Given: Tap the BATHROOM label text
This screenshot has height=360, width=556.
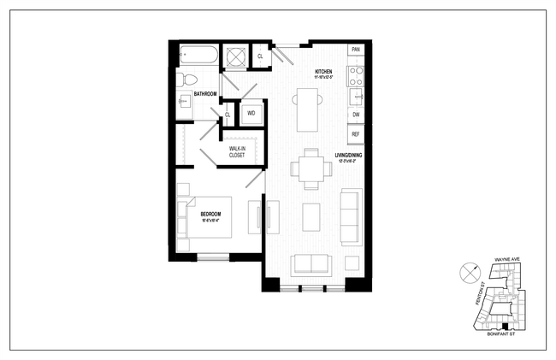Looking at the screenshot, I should click(204, 93).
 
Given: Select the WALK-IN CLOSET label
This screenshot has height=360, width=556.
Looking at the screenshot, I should click(236, 151).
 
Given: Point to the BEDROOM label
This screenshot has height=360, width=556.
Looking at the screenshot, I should click(210, 215).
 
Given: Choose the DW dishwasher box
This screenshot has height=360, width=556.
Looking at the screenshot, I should click(355, 114).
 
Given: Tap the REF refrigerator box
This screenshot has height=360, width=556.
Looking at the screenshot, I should click(355, 134).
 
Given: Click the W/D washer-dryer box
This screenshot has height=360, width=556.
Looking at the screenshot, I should click(251, 113).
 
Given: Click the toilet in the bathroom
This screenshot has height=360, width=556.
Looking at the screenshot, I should click(182, 80).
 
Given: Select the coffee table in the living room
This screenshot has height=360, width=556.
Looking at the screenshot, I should click(311, 217).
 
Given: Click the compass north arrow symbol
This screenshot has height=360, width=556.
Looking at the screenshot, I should click(468, 274).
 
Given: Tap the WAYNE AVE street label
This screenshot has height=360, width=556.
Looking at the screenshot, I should click(507, 258).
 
